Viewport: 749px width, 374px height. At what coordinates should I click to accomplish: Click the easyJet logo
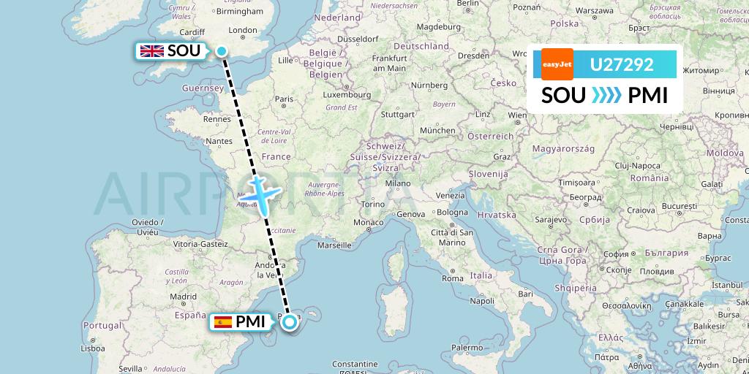[557, 64]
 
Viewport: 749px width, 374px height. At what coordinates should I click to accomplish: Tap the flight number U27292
[621, 65]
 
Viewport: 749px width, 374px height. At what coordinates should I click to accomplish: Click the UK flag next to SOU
[152, 51]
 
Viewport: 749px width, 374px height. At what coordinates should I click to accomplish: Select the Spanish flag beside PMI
[222, 321]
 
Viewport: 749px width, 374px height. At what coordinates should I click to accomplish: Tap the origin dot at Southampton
[221, 50]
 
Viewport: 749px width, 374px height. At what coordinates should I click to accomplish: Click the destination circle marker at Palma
[290, 321]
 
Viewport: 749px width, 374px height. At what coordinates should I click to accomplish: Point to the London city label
[243, 31]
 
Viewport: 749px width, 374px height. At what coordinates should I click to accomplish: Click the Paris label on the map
[284, 99]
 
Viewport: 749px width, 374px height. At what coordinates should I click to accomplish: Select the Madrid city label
[182, 297]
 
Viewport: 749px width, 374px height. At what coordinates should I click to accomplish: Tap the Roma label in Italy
[453, 278]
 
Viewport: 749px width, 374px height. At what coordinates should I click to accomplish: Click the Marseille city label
[334, 245]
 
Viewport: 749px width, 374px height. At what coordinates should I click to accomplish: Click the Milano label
[398, 183]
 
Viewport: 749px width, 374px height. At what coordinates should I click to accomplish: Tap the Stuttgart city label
[398, 114]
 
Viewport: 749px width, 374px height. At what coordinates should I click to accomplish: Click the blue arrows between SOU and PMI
[606, 96]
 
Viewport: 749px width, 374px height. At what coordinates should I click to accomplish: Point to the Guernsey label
[208, 88]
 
